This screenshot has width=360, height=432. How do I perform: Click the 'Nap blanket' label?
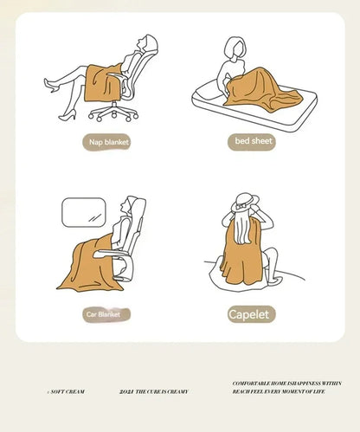pos(107,142)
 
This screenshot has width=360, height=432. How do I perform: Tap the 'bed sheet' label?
pos(253,141)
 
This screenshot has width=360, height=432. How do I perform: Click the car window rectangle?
pos(83,212)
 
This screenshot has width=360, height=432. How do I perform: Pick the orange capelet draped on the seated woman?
pos(238,255)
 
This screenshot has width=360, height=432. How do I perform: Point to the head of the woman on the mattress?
pos(234,48)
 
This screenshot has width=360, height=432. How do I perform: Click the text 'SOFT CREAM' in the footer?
pos(67,392)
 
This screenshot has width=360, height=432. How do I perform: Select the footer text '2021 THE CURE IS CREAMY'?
pos(153,392)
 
